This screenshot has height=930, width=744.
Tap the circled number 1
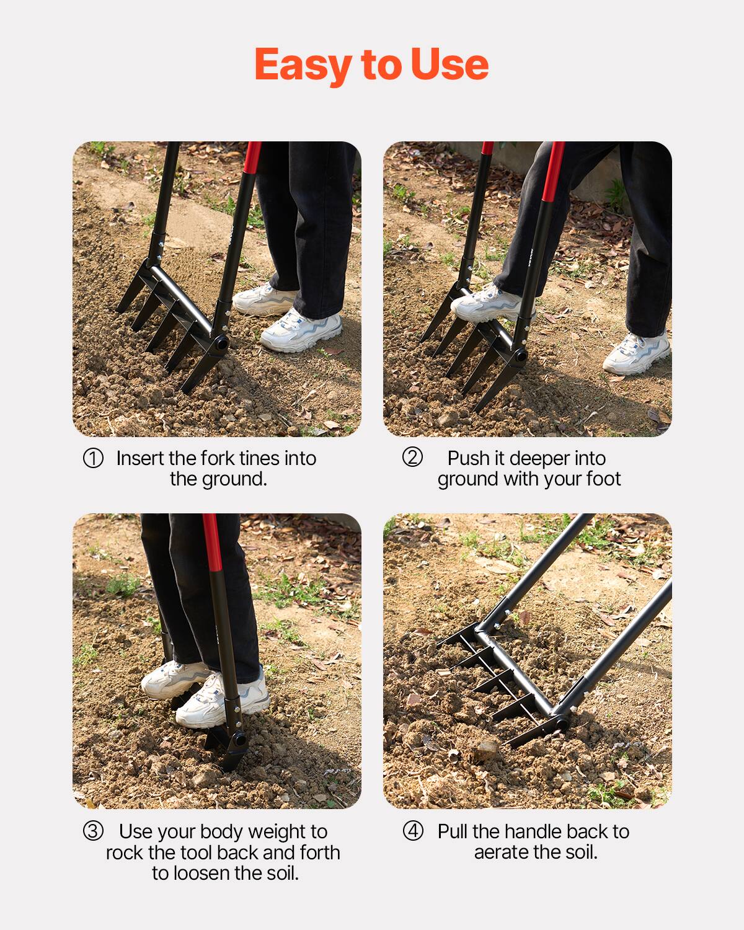(x=93, y=459)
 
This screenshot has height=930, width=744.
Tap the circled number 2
(x=412, y=458)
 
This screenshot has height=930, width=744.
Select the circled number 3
(x=93, y=831)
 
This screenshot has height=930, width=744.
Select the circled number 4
(x=413, y=831)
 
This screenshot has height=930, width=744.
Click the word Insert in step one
(x=139, y=458)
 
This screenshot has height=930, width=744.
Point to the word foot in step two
(x=601, y=479)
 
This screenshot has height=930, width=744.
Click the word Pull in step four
(x=453, y=831)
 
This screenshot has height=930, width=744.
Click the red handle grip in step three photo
(x=213, y=542)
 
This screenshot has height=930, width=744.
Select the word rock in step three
(x=124, y=852)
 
